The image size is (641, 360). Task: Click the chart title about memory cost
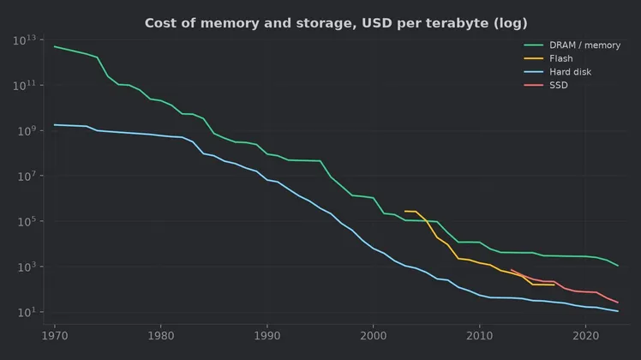click(x=336, y=23)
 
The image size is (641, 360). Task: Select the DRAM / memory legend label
click(x=584, y=45)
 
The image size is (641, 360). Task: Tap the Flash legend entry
click(x=560, y=58)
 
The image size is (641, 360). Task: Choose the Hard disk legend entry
click(x=570, y=72)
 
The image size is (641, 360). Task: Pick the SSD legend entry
click(x=559, y=85)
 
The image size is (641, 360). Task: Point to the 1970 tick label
click(x=55, y=336)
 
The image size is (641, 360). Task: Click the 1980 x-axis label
click(x=160, y=336)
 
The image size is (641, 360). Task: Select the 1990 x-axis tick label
click(x=267, y=336)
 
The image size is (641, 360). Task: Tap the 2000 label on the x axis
click(x=374, y=336)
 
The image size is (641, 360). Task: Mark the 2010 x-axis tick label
click(x=480, y=336)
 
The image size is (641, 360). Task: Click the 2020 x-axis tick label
click(x=586, y=336)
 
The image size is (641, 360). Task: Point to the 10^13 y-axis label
click(x=25, y=40)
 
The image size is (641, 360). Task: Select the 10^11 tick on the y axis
click(x=25, y=86)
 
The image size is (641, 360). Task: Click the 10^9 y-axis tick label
click(x=27, y=131)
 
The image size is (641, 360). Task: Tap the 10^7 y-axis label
click(x=27, y=177)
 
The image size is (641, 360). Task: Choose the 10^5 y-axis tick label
click(x=27, y=222)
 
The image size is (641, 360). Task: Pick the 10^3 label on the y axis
click(x=27, y=267)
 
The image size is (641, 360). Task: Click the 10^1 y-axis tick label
click(x=27, y=313)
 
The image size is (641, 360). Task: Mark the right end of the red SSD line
click(x=618, y=303)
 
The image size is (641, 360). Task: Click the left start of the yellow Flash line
click(x=404, y=211)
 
